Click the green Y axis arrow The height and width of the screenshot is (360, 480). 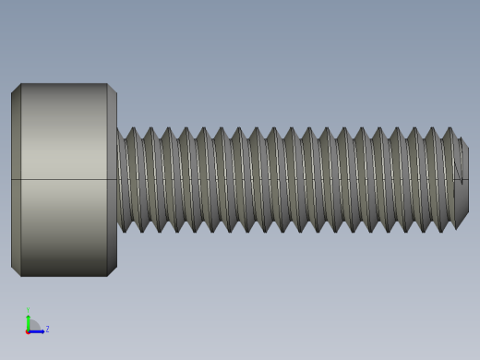click(28, 319)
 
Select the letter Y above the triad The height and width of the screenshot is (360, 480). click(28, 310)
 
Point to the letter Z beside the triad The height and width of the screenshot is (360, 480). click(47, 329)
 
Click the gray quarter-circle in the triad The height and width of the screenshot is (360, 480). click(32, 326)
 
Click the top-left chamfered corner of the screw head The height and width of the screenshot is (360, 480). click(16, 89)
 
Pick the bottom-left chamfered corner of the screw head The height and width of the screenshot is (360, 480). click(16, 270)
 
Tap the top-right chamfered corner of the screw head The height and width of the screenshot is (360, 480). click(112, 89)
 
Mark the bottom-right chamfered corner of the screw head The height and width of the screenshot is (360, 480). click(112, 270)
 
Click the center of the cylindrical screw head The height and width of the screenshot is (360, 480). click(64, 180)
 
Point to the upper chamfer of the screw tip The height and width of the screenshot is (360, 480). click(462, 142)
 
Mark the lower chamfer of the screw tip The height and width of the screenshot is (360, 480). click(462, 220)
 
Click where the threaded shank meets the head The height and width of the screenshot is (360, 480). click(118, 180)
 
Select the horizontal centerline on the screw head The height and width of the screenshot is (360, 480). click(64, 179)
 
